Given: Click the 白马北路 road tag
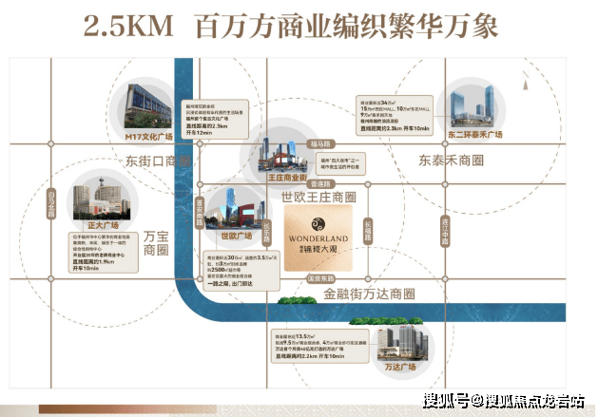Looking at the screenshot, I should coord(51,203).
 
